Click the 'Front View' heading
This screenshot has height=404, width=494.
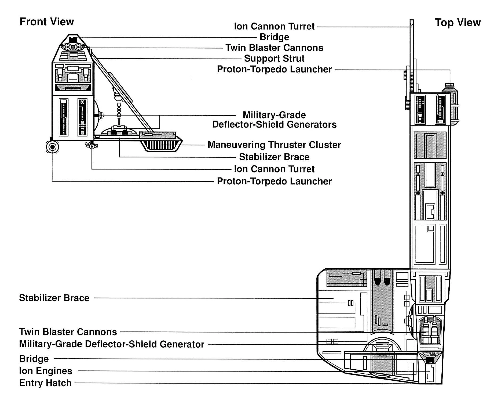tap(47, 22)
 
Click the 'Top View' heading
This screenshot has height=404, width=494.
tap(458, 23)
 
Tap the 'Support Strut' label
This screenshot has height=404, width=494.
tap(274, 59)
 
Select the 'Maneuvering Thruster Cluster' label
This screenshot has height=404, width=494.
tap(274, 145)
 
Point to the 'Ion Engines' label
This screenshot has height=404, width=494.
tap(46, 371)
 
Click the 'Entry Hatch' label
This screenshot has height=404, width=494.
tap(45, 383)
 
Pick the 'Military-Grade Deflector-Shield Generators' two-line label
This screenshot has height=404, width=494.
tap(274, 120)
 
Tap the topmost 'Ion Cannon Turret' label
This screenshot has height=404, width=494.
tap(274, 26)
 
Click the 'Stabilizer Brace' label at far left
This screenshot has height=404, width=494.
tap(54, 298)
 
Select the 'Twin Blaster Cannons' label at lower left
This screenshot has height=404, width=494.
tap(68, 332)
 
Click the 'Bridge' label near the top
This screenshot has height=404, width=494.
tap(274, 37)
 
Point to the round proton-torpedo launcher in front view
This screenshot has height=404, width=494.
tap(52, 147)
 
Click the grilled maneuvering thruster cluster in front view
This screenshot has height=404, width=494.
tap(161, 145)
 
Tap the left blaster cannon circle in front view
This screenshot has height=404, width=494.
tap(67, 47)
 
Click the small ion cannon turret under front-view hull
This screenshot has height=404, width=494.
tap(92, 146)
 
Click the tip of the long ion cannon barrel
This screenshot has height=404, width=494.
tap(412, 23)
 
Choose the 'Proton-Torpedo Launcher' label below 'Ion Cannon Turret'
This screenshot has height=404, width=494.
tap(274, 181)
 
